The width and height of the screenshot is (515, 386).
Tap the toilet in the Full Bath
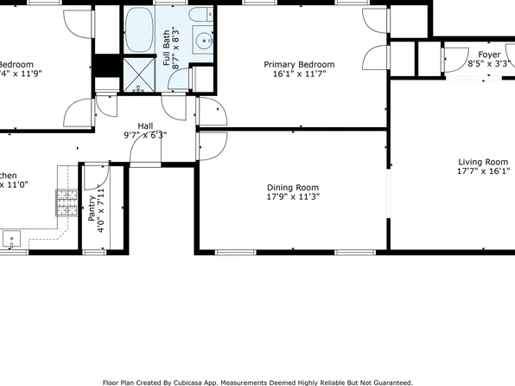(x=200, y=17)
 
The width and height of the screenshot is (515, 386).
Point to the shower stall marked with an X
(x=137, y=72)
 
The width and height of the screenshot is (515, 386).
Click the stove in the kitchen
(x=66, y=203)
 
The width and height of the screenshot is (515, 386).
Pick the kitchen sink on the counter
(x=12, y=237)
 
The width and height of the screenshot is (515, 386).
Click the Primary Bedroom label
(x=298, y=65)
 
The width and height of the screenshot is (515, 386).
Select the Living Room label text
(x=482, y=162)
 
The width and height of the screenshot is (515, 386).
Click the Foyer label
(x=489, y=54)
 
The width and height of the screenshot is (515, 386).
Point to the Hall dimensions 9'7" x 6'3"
(x=145, y=135)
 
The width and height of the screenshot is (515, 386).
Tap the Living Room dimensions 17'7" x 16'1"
(x=482, y=171)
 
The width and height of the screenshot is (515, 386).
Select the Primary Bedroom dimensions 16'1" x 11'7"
(x=298, y=74)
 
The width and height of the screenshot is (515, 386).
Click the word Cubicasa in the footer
(x=197, y=382)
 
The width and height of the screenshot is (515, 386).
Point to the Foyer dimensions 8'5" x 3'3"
(x=489, y=63)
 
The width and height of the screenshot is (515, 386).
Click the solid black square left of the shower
(x=106, y=67)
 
